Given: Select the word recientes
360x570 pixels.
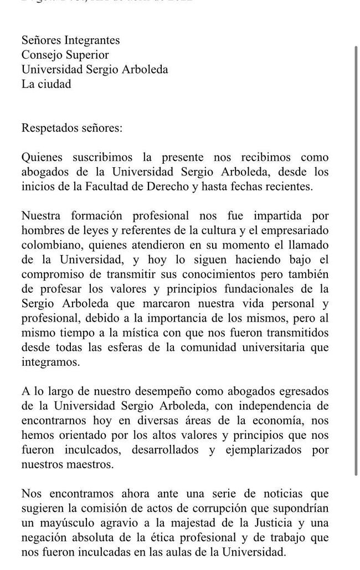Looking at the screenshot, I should pyautogui.click(x=289, y=187).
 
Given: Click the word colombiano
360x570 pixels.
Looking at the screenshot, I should pyautogui.click(x=49, y=245).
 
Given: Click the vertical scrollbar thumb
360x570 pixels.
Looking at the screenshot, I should pyautogui.click(x=356, y=260).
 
